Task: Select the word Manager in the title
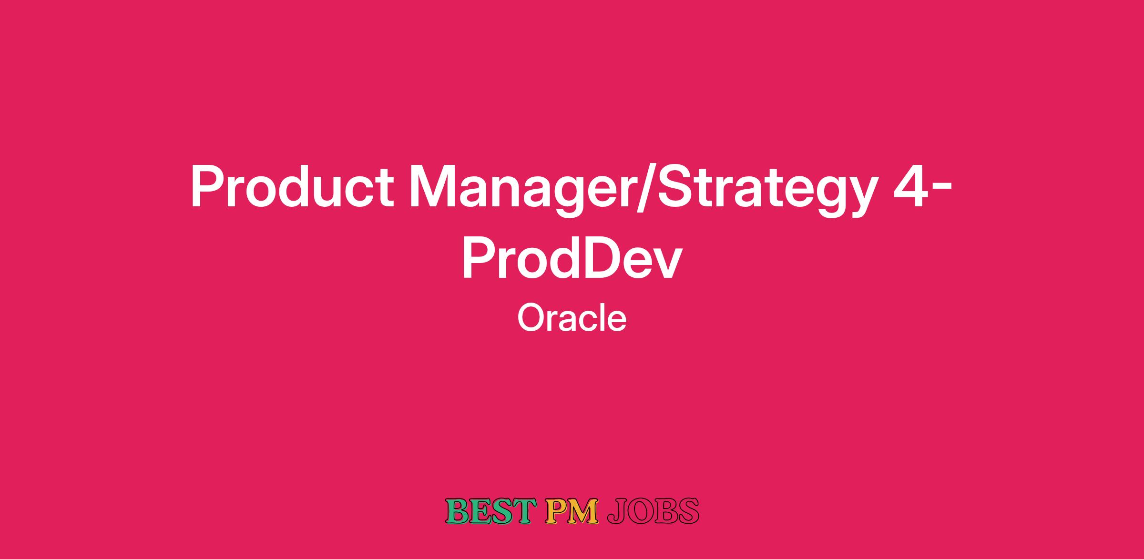tap(522, 191)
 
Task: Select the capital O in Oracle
tap(531, 318)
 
